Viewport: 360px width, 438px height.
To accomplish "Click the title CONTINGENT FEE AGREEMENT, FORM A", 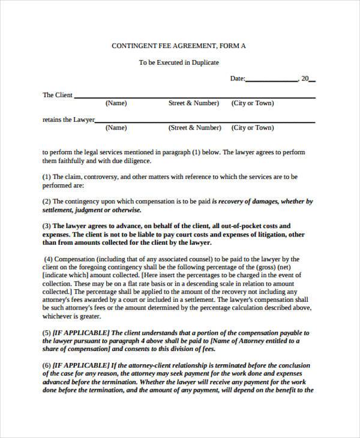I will coord(179,46).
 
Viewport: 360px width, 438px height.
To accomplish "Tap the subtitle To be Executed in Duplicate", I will coord(179,62).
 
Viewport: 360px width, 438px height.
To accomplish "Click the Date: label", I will coord(238,79).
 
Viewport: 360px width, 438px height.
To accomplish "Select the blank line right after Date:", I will coord(271,80).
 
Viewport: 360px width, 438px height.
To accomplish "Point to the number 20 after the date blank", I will coord(305,79).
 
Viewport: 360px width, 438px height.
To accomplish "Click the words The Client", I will coord(58,95).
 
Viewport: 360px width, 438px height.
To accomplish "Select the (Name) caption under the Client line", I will coord(116,103).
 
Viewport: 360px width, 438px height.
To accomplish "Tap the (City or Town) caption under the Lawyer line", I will coord(253,128).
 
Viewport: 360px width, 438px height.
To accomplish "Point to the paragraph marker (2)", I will coord(47,202).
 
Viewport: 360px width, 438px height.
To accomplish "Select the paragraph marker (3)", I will coord(47,226).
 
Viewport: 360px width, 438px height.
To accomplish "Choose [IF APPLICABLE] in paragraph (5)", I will coord(82,332).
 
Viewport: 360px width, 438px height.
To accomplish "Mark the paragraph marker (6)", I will coord(47,365).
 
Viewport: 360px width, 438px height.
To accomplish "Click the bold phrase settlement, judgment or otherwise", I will coord(92,210).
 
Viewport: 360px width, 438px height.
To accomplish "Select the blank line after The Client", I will coord(194,97).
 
